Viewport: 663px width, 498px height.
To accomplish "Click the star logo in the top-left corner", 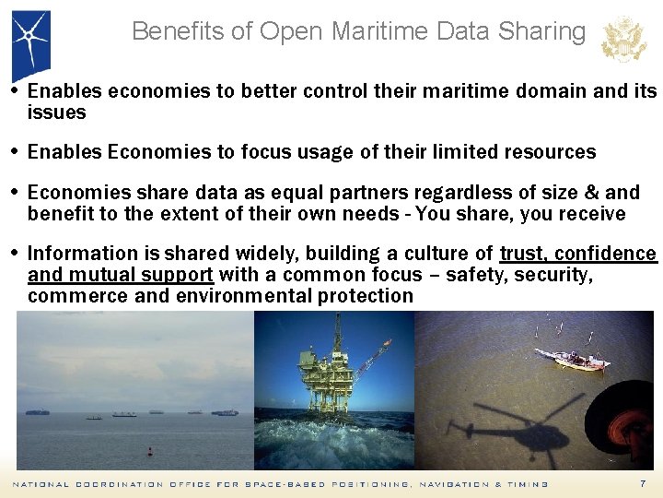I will coord(30,39).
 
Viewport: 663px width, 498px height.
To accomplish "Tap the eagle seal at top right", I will coord(623,40).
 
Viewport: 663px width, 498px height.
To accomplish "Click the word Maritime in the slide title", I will coord(389,31).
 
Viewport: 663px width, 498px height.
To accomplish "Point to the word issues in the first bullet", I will coord(57,113).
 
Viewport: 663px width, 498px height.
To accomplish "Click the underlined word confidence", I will coord(608,254).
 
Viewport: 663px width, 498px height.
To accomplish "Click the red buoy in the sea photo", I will coord(150,452).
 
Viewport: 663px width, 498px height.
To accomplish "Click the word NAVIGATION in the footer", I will coord(452,484).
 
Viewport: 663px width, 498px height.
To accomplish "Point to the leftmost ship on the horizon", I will coord(38,412).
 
